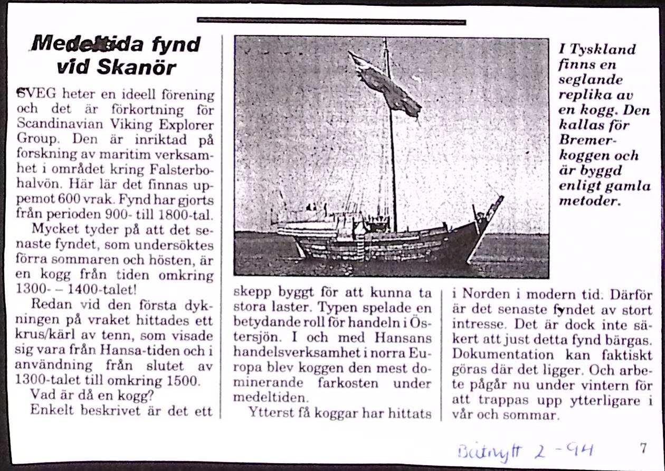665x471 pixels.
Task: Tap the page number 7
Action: click(643, 448)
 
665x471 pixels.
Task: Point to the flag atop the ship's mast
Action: click(385, 84)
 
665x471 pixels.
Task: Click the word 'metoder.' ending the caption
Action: click(589, 202)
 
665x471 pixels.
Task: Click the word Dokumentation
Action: click(496, 355)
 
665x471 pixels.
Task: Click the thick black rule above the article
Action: click(331, 21)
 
